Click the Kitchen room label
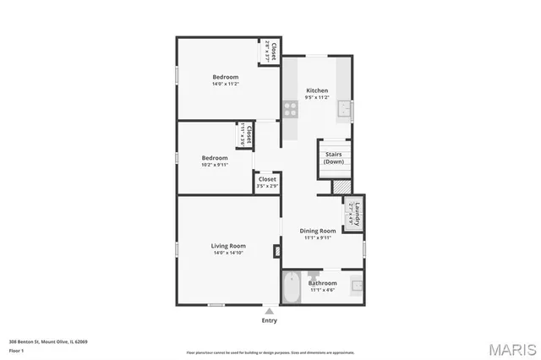click(317, 90)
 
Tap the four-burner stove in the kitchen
click(290, 109)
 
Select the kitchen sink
click(344, 109)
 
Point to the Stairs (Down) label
click(333, 157)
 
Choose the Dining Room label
click(319, 231)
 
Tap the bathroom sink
click(358, 285)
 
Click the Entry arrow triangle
click(269, 311)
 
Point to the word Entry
click(269, 320)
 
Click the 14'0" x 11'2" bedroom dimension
click(226, 84)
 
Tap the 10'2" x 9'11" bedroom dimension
click(215, 165)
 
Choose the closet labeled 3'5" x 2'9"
click(267, 182)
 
